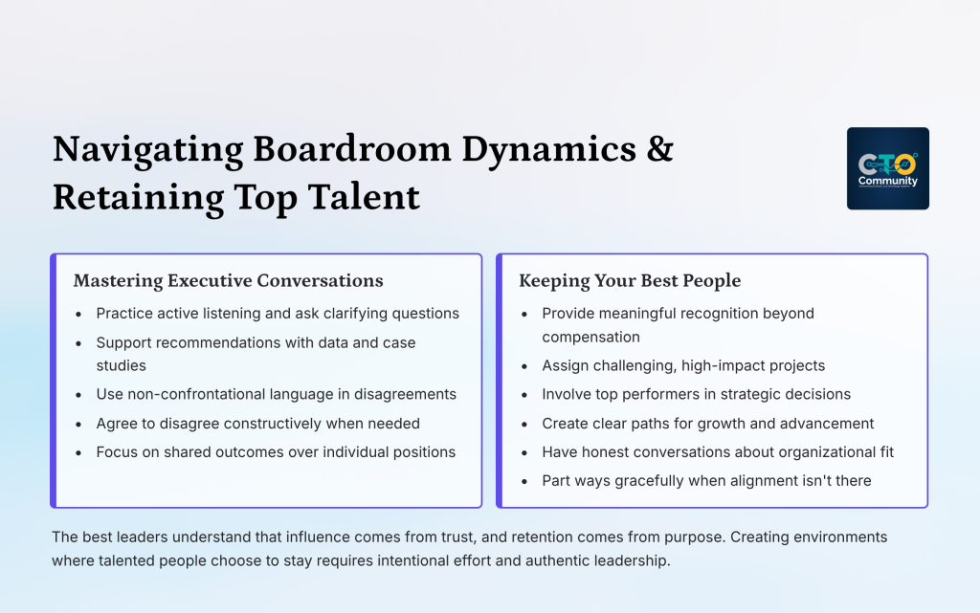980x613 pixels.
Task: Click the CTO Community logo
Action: point(887,168)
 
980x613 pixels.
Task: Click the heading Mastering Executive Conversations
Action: point(228,281)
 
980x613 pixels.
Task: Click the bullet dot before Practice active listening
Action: point(78,314)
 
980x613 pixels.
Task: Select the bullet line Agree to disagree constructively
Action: point(257,423)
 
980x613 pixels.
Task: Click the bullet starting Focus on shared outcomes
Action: point(276,451)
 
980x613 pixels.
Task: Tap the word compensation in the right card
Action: point(590,337)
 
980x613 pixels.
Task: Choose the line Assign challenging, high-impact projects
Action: point(683,365)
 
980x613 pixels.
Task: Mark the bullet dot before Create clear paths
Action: point(524,424)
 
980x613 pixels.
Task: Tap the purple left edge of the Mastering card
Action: point(54,381)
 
